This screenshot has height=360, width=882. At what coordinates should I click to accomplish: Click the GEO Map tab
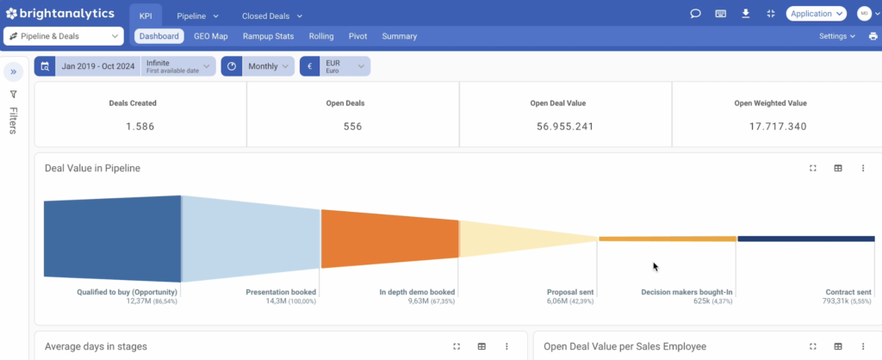pyautogui.click(x=211, y=36)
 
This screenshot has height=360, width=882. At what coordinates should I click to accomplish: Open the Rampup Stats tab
pyautogui.click(x=269, y=36)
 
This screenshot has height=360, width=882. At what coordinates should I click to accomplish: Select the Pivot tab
pyautogui.click(x=357, y=36)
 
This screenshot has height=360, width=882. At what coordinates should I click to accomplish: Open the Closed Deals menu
pyautogui.click(x=272, y=16)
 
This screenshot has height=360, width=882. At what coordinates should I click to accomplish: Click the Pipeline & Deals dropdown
pyautogui.click(x=64, y=36)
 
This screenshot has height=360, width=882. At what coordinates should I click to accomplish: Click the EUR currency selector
pyautogui.click(x=335, y=65)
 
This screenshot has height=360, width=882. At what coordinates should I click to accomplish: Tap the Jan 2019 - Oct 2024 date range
pyautogui.click(x=98, y=65)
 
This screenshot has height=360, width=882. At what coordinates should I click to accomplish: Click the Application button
pyautogui.click(x=817, y=14)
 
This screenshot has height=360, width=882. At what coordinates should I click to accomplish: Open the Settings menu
pyautogui.click(x=837, y=36)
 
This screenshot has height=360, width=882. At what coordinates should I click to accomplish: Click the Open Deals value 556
pyautogui.click(x=352, y=127)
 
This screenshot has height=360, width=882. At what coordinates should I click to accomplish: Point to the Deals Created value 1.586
pyautogui.click(x=140, y=127)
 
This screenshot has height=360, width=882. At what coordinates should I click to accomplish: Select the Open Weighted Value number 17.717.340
pyautogui.click(x=778, y=127)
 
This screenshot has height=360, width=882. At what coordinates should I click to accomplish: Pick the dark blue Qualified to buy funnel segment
pyautogui.click(x=113, y=239)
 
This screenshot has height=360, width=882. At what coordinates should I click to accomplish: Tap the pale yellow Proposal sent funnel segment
pyautogui.click(x=518, y=239)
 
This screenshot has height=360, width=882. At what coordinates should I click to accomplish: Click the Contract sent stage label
pyautogui.click(x=848, y=292)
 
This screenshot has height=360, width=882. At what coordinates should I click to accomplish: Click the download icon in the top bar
pyautogui.click(x=746, y=14)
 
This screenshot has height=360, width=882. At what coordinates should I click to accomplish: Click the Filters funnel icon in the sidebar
pyautogui.click(x=14, y=95)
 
